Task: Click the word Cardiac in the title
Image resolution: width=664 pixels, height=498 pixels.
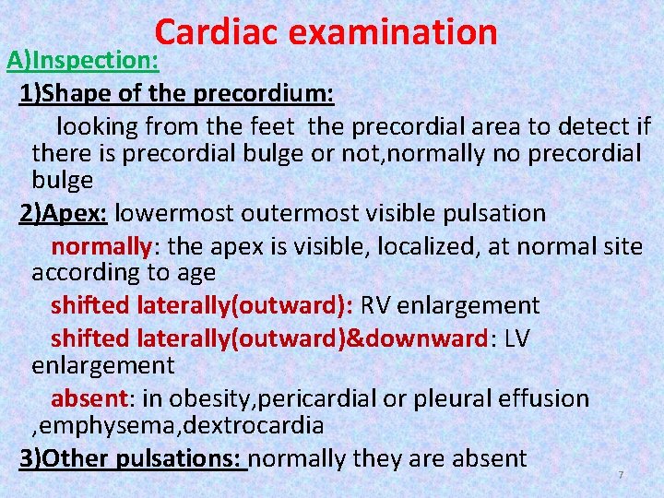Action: click(x=216, y=32)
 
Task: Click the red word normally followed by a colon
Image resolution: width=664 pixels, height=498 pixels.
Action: click(x=100, y=246)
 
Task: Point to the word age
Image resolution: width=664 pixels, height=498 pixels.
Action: click(x=197, y=274)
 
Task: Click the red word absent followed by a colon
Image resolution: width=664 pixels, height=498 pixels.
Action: click(x=90, y=398)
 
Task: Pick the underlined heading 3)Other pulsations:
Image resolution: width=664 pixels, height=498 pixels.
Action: click(x=132, y=458)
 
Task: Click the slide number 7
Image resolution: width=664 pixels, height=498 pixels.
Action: click(x=621, y=475)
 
